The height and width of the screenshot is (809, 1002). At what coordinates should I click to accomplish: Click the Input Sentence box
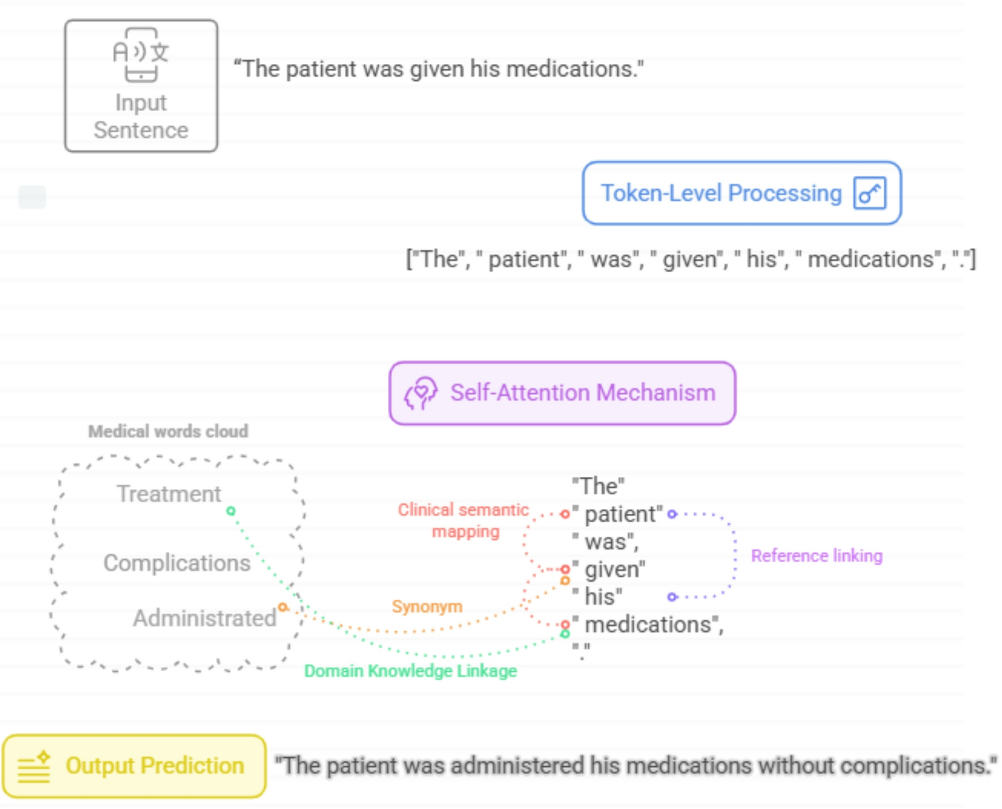point(141,86)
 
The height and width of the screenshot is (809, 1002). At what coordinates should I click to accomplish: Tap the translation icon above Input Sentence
point(141,54)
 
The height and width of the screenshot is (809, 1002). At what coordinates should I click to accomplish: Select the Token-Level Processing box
point(742,193)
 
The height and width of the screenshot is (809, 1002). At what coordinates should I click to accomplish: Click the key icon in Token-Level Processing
point(870,193)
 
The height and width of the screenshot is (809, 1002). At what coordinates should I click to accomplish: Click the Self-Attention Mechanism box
point(562,393)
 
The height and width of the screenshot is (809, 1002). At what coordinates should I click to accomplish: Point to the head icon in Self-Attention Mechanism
point(421,393)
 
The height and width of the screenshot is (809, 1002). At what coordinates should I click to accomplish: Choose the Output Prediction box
point(134,766)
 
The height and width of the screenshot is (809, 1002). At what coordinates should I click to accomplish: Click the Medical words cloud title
point(168,431)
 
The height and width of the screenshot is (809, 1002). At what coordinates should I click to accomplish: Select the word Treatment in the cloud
point(169,494)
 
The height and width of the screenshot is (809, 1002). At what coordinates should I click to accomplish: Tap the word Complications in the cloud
point(177,563)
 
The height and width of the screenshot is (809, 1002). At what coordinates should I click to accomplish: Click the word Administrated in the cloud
point(205,618)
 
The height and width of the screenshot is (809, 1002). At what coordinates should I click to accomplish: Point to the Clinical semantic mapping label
point(464,520)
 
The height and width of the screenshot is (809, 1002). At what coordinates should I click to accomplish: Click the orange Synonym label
point(427,607)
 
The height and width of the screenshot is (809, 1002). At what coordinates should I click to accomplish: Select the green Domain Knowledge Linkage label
point(411,671)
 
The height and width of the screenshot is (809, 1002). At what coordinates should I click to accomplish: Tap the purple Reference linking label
point(817,556)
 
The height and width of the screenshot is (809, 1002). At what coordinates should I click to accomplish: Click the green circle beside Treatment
point(231,511)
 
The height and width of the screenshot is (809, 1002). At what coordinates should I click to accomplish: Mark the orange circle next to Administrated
point(283,607)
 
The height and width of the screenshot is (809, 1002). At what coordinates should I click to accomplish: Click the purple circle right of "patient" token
point(672,514)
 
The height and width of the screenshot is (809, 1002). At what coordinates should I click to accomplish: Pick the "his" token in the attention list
point(597,597)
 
